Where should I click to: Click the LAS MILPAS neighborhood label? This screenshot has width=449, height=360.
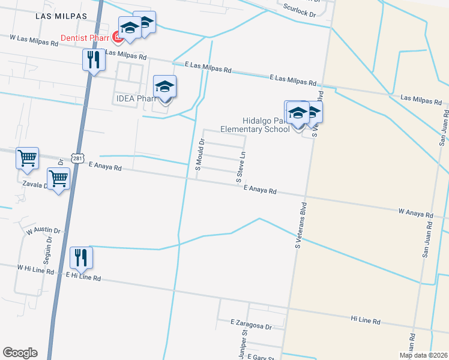(x=61, y=16)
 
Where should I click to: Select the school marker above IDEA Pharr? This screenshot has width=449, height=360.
(x=164, y=87)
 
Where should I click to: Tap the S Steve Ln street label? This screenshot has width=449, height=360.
(x=241, y=167)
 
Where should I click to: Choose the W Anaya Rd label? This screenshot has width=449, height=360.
(x=415, y=213)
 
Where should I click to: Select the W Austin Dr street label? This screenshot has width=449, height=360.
(x=43, y=230)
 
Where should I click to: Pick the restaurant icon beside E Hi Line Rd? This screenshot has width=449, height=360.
(x=80, y=258)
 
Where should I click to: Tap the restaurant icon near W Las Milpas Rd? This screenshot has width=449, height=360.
(x=92, y=60)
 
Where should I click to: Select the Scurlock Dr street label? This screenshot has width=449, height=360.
(x=300, y=11)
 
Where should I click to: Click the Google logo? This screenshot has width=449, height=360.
(x=20, y=353)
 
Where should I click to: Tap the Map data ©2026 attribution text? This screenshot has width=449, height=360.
(x=423, y=355)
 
